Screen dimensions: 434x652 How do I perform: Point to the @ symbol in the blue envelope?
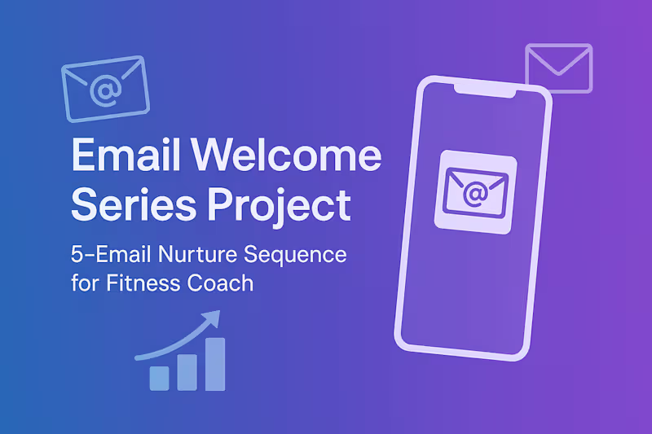click(x=104, y=92)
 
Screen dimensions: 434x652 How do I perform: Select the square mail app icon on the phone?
click(x=476, y=191)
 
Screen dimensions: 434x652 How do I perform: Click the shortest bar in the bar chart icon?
click(x=160, y=377)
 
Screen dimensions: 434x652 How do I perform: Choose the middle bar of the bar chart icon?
click(x=187, y=370)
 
